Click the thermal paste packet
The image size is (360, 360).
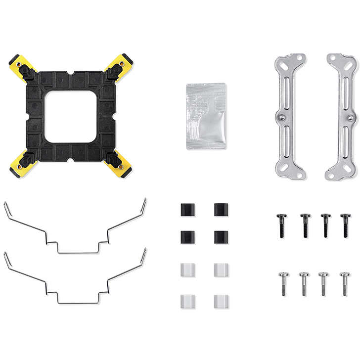pos(206,116)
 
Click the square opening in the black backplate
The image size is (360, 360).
pos(69,116)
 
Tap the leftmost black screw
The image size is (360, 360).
pos(281,225)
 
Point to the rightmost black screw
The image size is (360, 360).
pos(345,225)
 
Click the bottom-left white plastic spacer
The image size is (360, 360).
pos(186,301)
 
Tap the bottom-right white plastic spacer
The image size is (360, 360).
pos(221,301)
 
